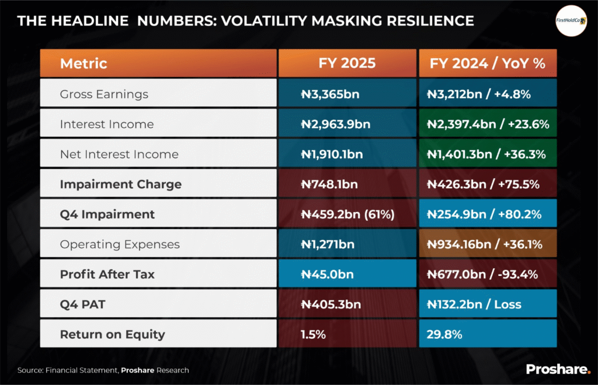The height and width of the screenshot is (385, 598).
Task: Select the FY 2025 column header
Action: pyautogui.click(x=347, y=63)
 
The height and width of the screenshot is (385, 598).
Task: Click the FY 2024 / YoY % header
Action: pyautogui.click(x=488, y=63)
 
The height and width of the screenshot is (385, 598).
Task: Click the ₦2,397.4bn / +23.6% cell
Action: pyautogui.click(x=488, y=124)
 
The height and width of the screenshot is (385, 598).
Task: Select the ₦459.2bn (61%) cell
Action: pyautogui.click(x=347, y=214)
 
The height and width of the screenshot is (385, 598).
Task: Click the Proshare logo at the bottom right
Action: pyautogui.click(x=558, y=369)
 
